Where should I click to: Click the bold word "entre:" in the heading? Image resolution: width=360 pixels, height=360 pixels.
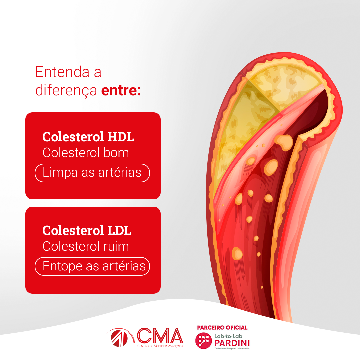click(x=121, y=90)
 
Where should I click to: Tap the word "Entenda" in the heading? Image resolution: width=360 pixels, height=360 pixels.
click(x=62, y=72)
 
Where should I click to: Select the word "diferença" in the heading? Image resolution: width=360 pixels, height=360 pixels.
click(x=66, y=90)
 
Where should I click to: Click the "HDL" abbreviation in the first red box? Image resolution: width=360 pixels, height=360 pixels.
click(x=121, y=137)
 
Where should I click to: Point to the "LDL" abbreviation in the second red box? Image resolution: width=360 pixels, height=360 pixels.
click(x=119, y=230)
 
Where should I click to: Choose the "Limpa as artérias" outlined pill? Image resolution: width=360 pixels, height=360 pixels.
click(x=92, y=173)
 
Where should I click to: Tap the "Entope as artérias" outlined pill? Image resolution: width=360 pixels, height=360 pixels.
click(x=92, y=266)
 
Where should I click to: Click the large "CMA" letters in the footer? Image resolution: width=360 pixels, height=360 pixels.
click(x=160, y=336)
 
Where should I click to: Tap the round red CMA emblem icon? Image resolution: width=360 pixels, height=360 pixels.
click(x=119, y=338)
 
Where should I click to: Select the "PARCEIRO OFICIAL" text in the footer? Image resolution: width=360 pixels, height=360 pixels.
click(x=222, y=328)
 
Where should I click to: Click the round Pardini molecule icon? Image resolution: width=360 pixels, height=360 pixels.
click(x=203, y=341)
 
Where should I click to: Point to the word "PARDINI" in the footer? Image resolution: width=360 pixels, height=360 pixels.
click(x=232, y=343)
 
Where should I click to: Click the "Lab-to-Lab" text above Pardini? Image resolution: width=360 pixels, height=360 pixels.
click(x=228, y=336)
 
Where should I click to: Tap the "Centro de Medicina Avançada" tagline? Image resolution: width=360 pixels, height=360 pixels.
click(x=160, y=346)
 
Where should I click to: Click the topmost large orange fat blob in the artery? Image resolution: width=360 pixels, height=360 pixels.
click(x=284, y=142)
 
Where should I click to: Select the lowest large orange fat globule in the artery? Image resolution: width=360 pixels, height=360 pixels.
click(x=237, y=253)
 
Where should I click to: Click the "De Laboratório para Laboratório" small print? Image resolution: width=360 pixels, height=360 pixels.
click(x=232, y=349)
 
